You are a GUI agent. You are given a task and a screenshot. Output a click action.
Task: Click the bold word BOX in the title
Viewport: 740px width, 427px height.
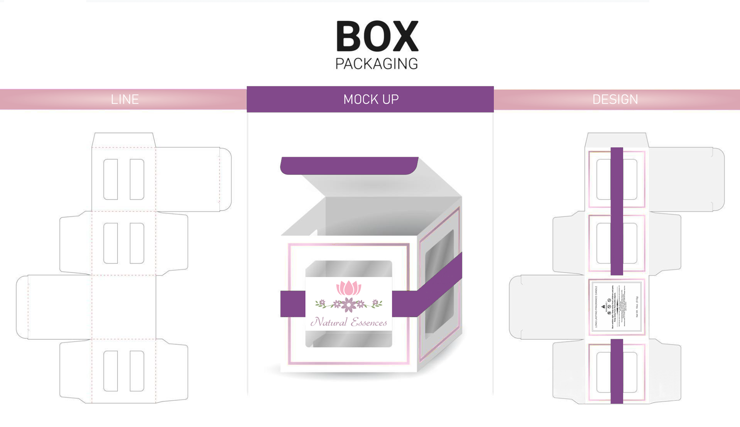(377, 37)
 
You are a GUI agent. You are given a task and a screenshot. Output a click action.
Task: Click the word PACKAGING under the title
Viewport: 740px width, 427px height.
(377, 64)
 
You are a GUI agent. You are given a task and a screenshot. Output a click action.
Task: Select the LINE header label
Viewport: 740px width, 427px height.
(124, 100)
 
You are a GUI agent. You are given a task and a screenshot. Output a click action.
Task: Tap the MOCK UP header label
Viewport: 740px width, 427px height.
(371, 100)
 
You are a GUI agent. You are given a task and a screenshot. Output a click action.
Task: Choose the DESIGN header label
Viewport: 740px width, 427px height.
(615, 100)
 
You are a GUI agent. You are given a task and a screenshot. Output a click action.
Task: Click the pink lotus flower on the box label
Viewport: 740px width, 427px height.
(349, 288)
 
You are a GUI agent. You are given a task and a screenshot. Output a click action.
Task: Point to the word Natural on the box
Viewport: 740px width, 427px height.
(329, 322)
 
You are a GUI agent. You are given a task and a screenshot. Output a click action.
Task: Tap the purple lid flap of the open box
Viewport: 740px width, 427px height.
(348, 165)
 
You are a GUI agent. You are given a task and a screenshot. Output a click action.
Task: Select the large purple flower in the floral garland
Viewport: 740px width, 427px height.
(349, 305)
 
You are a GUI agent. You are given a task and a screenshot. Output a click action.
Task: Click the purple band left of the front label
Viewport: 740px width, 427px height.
(293, 304)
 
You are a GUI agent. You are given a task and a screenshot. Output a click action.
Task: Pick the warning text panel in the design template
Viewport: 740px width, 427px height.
(617, 307)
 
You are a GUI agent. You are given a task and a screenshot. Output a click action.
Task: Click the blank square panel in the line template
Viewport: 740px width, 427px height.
(124, 307)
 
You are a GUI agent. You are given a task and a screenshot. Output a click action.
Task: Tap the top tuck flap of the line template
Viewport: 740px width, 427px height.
(124, 140)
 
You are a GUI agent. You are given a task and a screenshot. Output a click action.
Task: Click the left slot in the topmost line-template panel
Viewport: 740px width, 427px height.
(111, 179)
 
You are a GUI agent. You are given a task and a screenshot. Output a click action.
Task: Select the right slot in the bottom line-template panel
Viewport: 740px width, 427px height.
(137, 371)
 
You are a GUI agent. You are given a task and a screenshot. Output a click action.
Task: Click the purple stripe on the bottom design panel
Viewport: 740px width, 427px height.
(617, 371)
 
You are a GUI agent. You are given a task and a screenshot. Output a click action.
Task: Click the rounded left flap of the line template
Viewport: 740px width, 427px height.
(22, 307)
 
